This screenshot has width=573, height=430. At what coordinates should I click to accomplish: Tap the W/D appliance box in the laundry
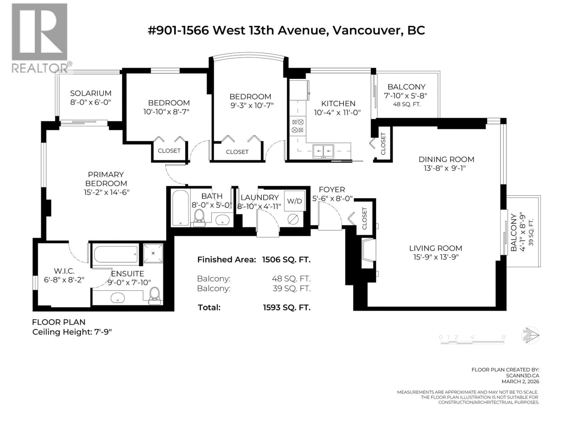295,201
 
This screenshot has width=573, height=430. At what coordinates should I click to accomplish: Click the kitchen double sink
323,151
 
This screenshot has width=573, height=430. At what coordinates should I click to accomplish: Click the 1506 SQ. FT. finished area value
286,259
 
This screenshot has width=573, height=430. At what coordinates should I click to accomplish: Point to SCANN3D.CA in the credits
522,375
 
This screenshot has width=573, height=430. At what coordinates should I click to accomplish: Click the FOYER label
332,189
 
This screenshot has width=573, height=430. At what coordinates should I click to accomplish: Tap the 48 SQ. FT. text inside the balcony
407,104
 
